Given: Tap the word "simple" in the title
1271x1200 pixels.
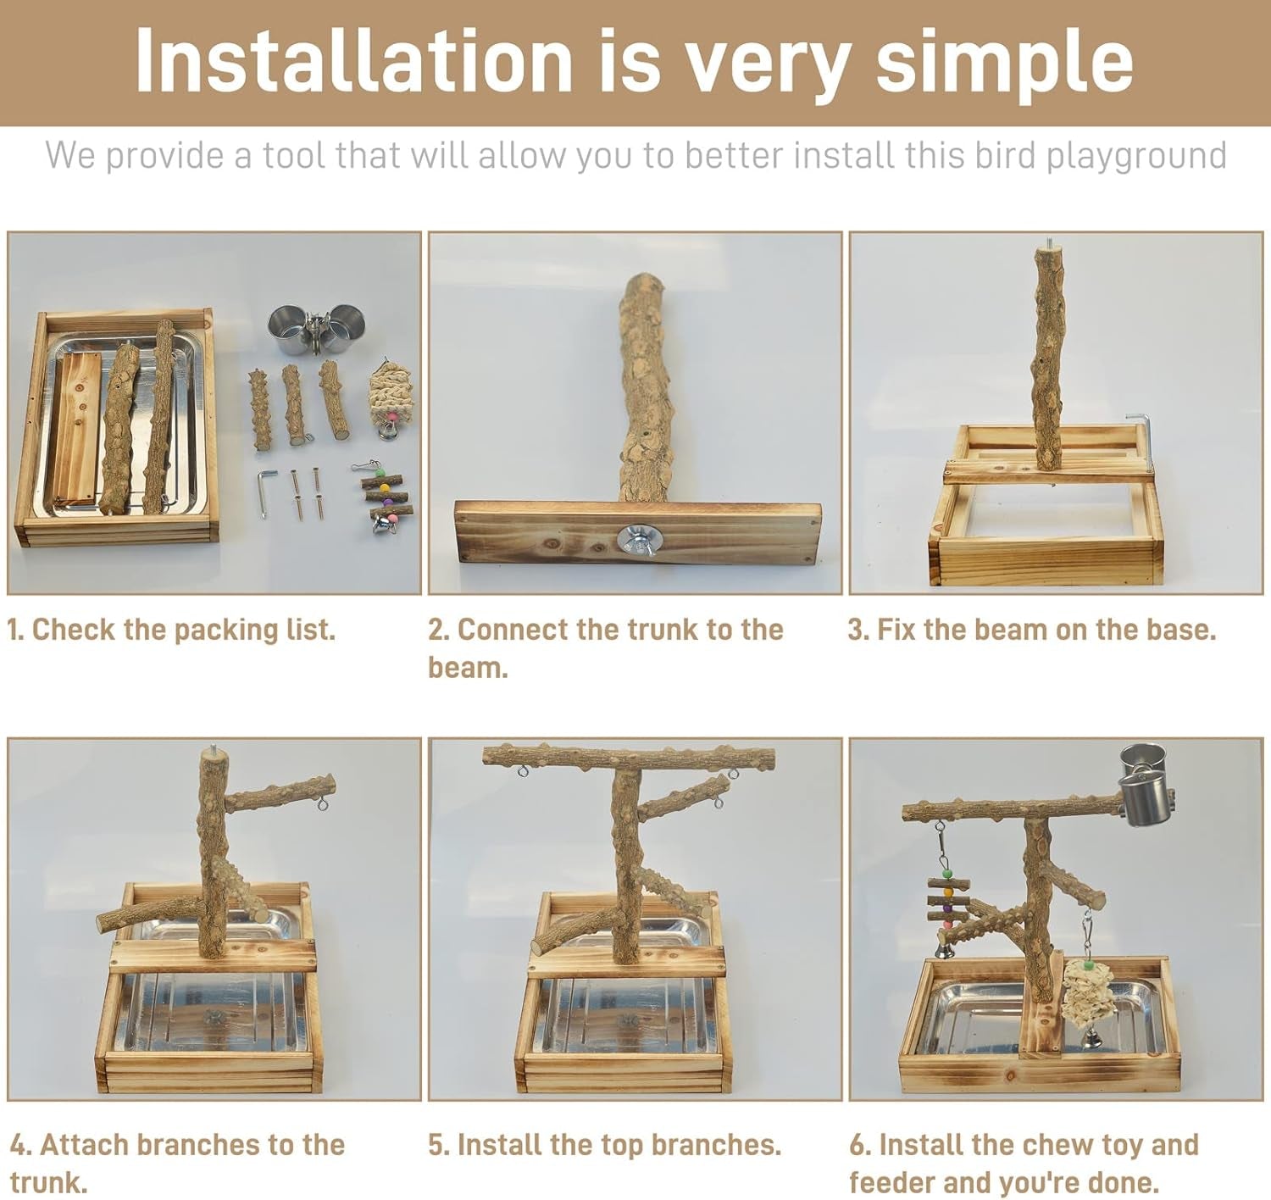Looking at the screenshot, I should click(x=1004, y=61).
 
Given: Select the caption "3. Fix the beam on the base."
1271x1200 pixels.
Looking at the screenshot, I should click(x=1031, y=630).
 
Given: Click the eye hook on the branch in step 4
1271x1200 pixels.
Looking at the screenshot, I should click(x=323, y=801).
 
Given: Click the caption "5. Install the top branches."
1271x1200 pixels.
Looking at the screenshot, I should click(x=604, y=1145).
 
